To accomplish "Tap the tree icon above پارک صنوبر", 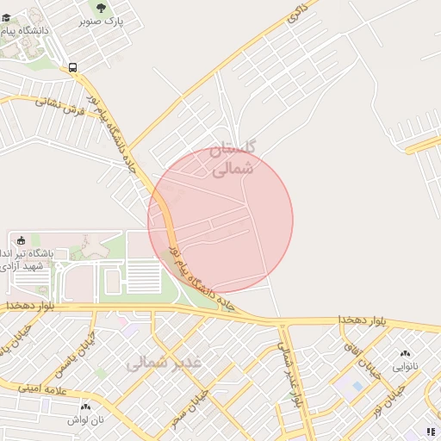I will [x=102, y=8].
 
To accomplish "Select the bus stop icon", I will [x=72, y=66].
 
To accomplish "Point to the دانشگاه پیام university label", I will [x=34, y=31].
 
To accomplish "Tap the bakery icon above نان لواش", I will [x=85, y=407].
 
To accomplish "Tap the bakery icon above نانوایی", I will [x=405, y=353].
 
